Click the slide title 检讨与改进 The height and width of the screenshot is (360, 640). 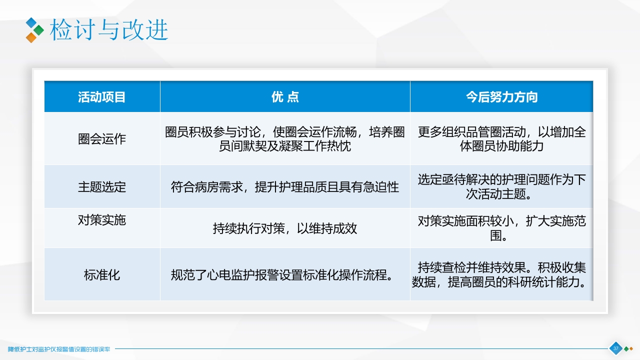pos(108,30)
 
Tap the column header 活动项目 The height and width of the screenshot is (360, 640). pos(102,97)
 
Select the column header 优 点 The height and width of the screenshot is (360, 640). pos(285,97)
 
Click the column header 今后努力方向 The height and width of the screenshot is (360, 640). pos(501,97)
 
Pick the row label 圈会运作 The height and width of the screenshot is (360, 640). pos(102,139)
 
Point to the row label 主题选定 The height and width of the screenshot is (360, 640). pos(102,187)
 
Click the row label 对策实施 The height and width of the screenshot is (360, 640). pos(102,220)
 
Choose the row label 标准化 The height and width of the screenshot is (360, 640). pos(102,275)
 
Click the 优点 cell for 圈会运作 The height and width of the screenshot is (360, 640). pos(285,139)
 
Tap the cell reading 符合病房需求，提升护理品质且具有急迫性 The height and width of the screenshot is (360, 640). pos(285,187)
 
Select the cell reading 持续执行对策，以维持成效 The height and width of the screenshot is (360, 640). pos(285,228)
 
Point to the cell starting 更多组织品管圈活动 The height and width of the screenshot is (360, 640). pos(501,139)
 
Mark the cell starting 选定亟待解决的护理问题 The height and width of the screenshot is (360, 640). pos(501,186)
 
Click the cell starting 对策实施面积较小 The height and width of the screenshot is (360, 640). pos(501,228)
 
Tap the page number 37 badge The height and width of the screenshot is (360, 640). pos(615,348)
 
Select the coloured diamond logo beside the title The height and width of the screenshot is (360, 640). pos(34,30)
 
